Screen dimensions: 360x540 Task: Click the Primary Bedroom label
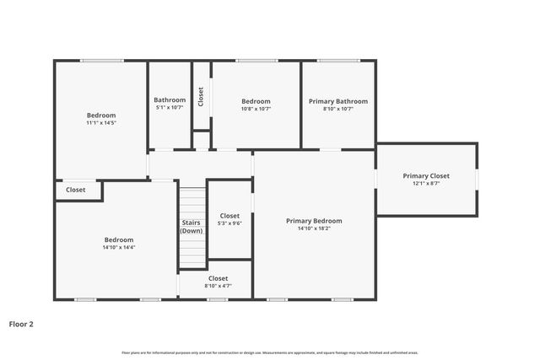314,221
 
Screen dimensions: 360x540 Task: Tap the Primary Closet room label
425,175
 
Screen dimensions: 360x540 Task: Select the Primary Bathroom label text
337,101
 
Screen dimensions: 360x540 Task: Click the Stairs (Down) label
192,226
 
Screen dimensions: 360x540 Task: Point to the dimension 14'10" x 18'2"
314,228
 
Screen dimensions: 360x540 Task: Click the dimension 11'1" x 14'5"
100,123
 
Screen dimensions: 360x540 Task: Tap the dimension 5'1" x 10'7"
170,108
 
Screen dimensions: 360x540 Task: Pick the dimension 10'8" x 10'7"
256,109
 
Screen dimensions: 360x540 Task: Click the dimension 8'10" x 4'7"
218,286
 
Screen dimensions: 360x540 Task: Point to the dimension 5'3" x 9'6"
229,223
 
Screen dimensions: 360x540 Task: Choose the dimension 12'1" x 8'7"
425,183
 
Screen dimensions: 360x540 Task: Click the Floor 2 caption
21,323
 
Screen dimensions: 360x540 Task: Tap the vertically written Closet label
201,96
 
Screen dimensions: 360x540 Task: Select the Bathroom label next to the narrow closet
170,100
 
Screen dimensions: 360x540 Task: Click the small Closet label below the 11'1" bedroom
76,191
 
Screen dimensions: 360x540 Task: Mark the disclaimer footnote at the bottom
270,352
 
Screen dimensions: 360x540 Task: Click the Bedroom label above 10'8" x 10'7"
256,101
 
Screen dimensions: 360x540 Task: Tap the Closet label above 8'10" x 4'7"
218,278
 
